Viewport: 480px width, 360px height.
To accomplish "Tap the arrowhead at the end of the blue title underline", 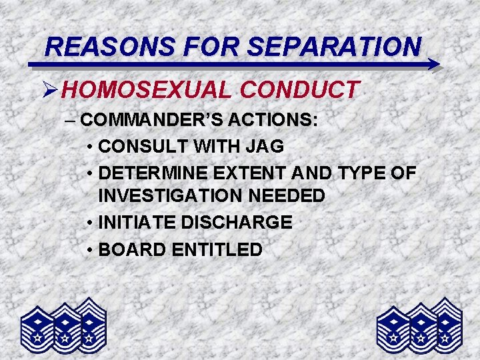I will click(433, 65).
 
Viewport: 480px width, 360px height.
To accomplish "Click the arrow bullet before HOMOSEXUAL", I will click(52, 89).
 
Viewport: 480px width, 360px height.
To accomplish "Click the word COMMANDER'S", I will click(151, 121).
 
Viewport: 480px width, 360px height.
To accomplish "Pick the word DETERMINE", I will click(153, 173).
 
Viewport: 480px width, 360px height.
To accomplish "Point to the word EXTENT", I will click(250, 173).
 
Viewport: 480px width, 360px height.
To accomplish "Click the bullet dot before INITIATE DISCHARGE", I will click(89, 223).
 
